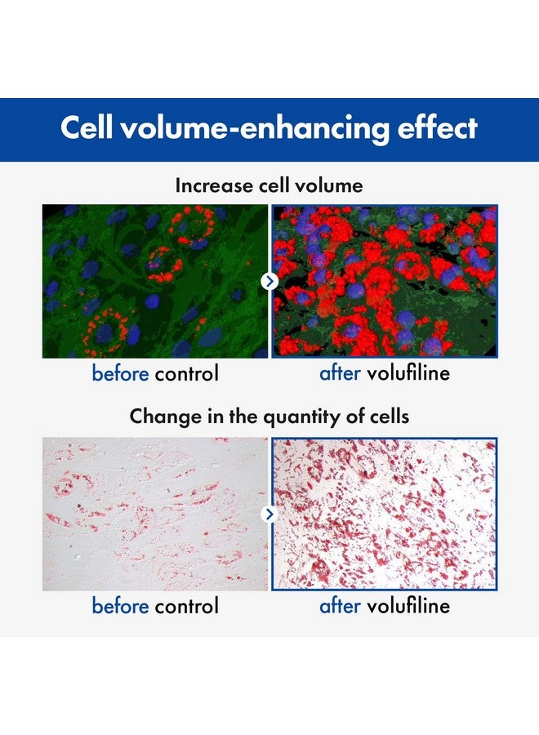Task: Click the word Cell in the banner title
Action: pyautogui.click(x=87, y=127)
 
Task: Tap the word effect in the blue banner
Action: pyautogui.click(x=438, y=127)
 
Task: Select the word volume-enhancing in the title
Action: pyautogui.click(x=256, y=128)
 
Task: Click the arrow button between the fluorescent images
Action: pyautogui.click(x=269, y=281)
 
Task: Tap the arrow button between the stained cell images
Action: pyautogui.click(x=269, y=514)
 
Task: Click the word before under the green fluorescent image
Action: pyautogui.click(x=120, y=373)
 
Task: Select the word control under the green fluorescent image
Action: pyautogui.click(x=186, y=373)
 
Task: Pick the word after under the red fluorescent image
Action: pyautogui.click(x=340, y=373)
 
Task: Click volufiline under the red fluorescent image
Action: pyautogui.click(x=408, y=373)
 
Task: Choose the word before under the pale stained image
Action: pyautogui.click(x=120, y=606)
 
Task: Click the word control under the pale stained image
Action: pyautogui.click(x=186, y=606)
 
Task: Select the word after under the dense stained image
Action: pyautogui.click(x=340, y=606)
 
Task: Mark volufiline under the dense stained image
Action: pyautogui.click(x=408, y=606)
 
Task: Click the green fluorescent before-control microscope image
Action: pyautogui.click(x=155, y=281)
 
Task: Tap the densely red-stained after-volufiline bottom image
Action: pyautogui.click(x=385, y=514)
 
